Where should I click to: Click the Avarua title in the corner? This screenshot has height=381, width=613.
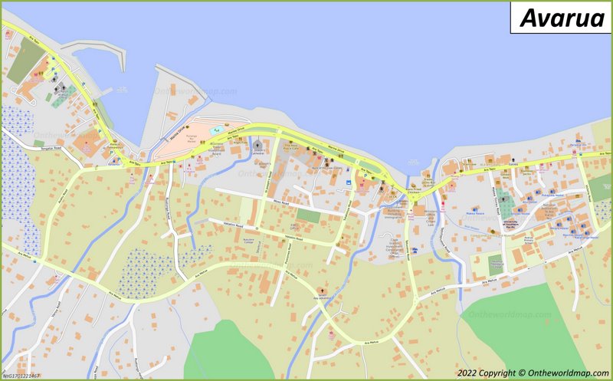tap(562, 18)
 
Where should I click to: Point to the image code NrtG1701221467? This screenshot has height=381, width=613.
tap(21, 376)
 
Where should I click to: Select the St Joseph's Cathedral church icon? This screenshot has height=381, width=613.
tap(257, 145)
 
